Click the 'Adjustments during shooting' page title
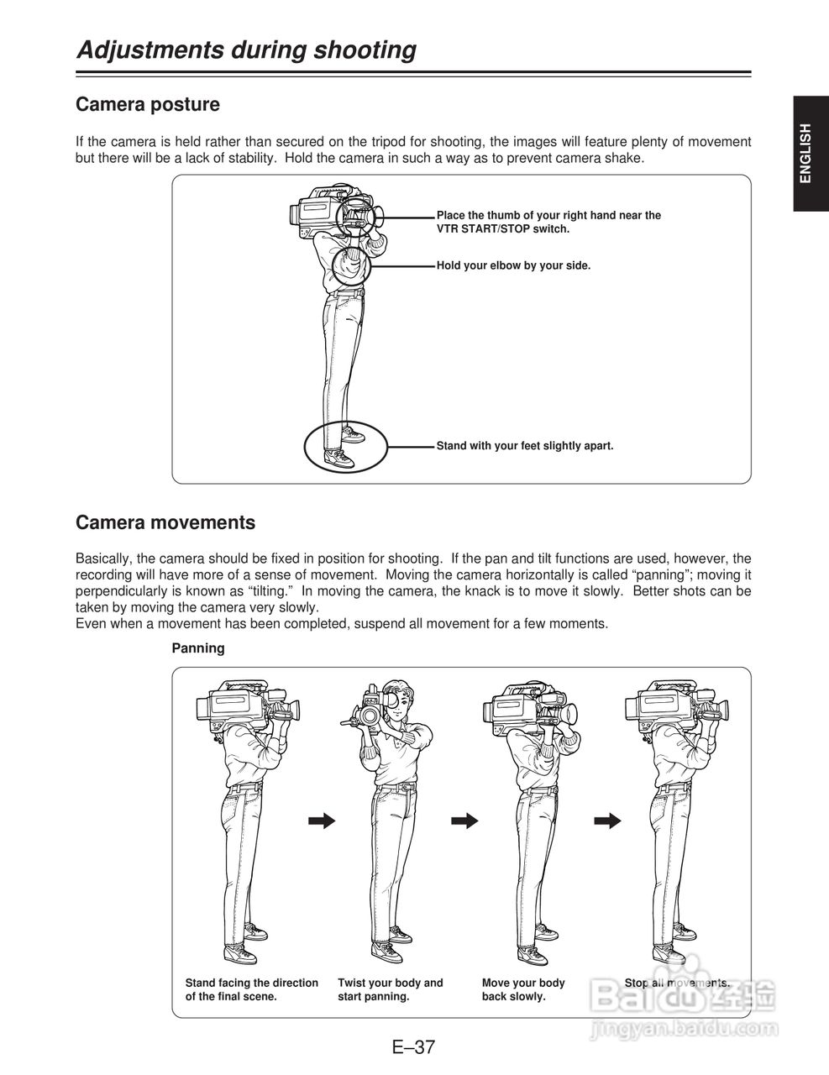[x=246, y=50]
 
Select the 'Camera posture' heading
[x=148, y=105]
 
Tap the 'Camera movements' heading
[x=165, y=522]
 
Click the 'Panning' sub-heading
[x=198, y=648]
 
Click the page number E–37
[x=413, y=1047]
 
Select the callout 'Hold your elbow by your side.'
[x=513, y=265]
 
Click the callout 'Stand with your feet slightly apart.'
[x=525, y=446]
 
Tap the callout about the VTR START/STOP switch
[x=548, y=222]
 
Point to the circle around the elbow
[x=349, y=265]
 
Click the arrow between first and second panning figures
[x=321, y=821]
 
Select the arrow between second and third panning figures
[x=464, y=821]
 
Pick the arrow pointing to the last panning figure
[x=608, y=821]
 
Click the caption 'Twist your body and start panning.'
[x=390, y=989]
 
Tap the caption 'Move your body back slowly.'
[x=523, y=989]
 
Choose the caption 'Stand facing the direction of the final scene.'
[x=251, y=989]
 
